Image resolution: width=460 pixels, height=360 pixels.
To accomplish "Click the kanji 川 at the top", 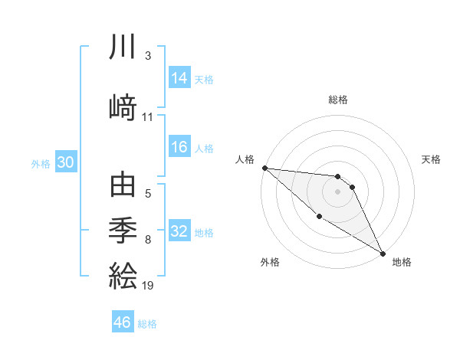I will click(x=123, y=48).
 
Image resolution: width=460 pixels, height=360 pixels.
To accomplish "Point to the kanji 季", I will click(x=123, y=229).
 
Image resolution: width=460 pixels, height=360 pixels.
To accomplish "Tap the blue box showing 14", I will click(x=179, y=78).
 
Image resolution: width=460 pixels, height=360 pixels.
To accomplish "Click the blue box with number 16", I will click(x=179, y=148).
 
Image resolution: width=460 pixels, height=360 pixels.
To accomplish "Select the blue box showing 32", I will click(x=179, y=231).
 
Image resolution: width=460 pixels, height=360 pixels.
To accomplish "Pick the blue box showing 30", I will click(x=65, y=162).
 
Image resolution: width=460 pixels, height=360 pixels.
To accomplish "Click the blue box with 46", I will click(x=123, y=322).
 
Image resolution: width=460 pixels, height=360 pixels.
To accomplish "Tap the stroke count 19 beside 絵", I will click(x=149, y=286).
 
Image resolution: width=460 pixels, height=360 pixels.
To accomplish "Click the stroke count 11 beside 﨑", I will click(x=148, y=117).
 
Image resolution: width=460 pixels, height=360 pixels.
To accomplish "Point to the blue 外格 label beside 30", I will click(x=41, y=163).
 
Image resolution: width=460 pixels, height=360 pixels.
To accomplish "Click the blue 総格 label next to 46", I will click(x=147, y=324).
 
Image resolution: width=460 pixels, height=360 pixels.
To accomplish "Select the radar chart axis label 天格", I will click(x=431, y=159).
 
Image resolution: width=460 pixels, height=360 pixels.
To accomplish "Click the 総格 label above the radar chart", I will click(x=337, y=100).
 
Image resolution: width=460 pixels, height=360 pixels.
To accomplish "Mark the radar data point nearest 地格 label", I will click(x=383, y=253).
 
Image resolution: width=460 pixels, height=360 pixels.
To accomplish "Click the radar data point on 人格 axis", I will click(x=264, y=168).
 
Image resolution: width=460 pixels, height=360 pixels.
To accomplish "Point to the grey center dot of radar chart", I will click(x=337, y=191).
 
